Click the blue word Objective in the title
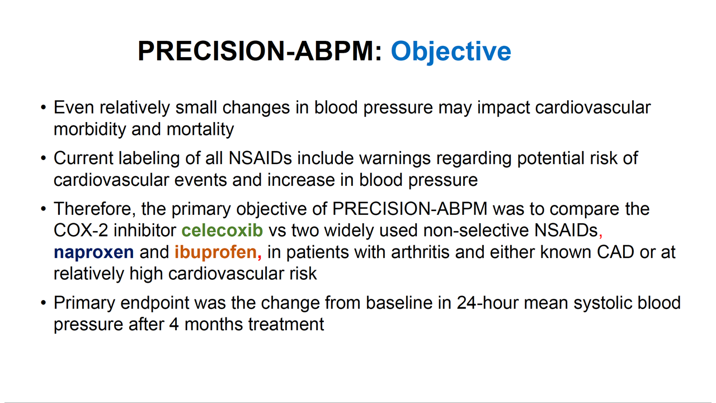451,51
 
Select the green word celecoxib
222,231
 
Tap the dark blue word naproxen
93,252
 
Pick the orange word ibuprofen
215,252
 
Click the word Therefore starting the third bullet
94,209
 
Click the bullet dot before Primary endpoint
44,303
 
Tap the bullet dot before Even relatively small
44,108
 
